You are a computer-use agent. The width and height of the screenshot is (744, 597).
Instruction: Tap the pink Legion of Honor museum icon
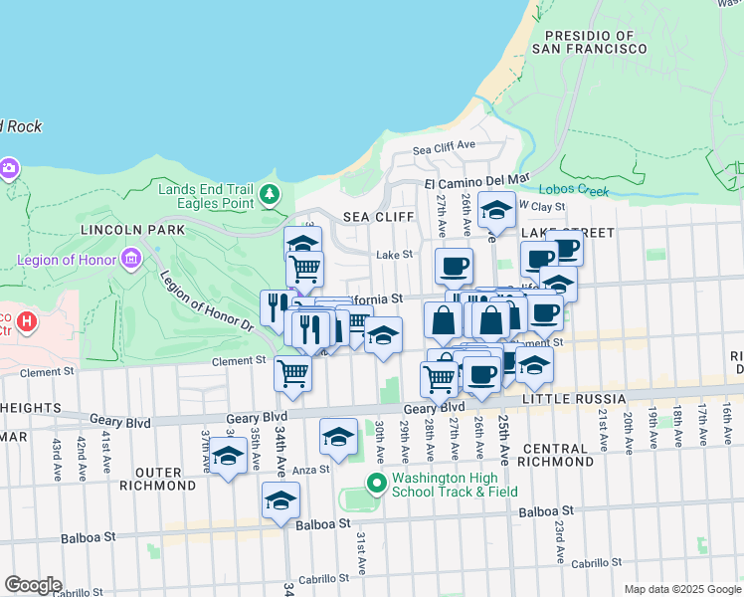click(130, 261)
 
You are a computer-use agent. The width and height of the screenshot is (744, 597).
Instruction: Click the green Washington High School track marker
click(376, 485)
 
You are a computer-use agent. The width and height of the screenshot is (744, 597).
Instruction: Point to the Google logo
click(33, 584)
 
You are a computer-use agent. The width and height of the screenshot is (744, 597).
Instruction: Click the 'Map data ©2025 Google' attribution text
click(682, 589)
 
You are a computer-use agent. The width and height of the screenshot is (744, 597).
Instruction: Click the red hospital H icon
click(26, 322)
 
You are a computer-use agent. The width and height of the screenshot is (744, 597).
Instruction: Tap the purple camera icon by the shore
click(9, 167)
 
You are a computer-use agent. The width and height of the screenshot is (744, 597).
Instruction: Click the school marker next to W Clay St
click(496, 210)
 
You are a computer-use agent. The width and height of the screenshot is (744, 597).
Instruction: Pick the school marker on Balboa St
click(281, 500)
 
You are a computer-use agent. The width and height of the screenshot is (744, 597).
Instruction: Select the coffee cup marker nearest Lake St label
click(454, 266)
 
